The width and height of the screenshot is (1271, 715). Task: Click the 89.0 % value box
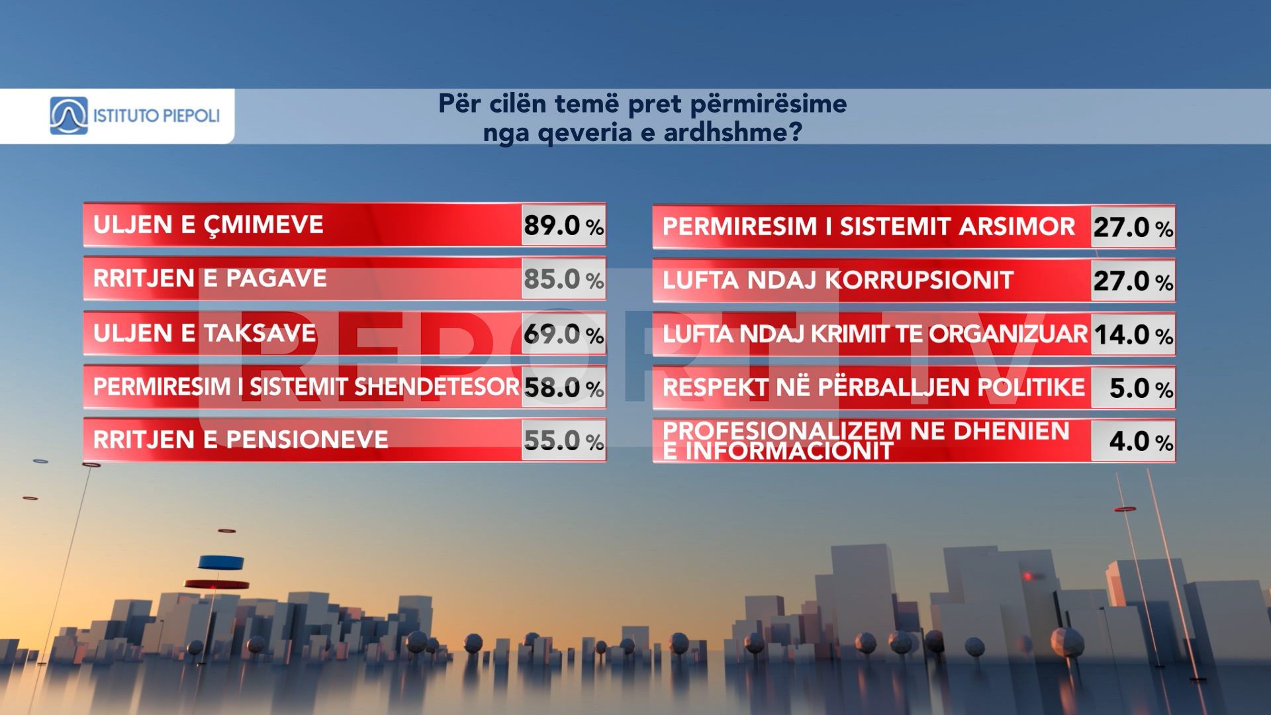coord(563,226)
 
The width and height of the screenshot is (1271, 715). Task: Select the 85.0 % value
coord(563,279)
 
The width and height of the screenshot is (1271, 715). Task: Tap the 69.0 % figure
coord(563,334)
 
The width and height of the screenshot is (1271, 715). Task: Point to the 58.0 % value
coord(563,388)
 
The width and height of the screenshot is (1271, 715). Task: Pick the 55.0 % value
coord(563,440)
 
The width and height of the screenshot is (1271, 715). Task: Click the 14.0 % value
coord(1133,335)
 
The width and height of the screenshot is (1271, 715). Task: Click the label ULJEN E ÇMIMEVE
coord(209,226)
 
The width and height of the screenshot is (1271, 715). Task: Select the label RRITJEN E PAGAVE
coord(210,279)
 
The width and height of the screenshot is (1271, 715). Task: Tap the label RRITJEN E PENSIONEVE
coord(240,440)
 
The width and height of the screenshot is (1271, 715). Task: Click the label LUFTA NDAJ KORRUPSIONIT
coord(838,281)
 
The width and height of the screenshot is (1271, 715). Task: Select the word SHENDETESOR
coord(436,387)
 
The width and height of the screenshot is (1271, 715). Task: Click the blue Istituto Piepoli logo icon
coord(69,116)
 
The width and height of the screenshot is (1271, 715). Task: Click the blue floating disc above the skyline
coord(221,563)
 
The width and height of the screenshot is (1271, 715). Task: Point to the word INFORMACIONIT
coord(789,452)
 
